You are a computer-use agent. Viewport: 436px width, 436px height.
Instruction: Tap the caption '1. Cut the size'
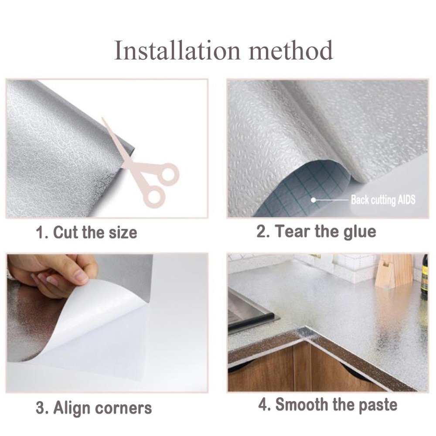coord(86,232)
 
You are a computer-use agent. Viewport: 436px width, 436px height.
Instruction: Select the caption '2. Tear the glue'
coord(316,231)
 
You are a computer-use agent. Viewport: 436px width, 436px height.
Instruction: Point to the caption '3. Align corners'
coord(93,409)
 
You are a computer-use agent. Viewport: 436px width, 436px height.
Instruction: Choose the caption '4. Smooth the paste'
coord(327,405)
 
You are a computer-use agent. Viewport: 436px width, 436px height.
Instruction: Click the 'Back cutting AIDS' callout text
coord(383,200)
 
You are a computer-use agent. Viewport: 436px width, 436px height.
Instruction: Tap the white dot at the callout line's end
coord(313,200)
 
